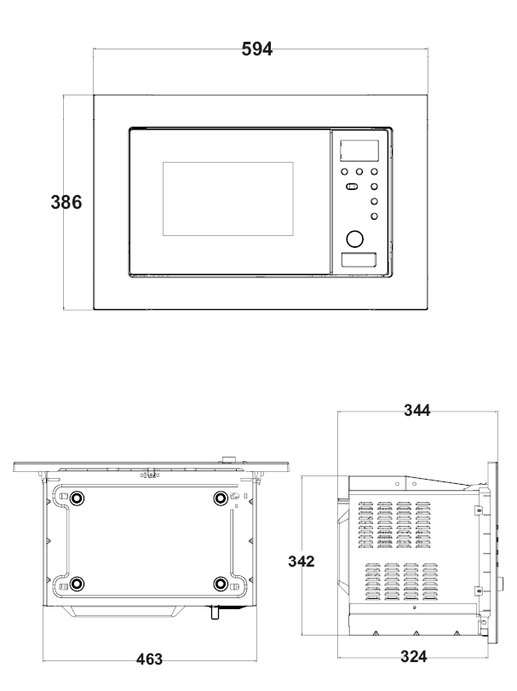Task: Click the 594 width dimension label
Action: (257, 49)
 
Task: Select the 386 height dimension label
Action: (66, 202)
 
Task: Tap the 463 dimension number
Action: (149, 659)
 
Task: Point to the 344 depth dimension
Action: (417, 411)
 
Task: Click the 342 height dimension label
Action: (302, 561)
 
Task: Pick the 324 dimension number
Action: (413, 657)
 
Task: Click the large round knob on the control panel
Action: (355, 239)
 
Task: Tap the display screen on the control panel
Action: (359, 150)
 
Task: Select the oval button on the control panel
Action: (352, 187)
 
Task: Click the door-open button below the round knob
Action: (359, 260)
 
